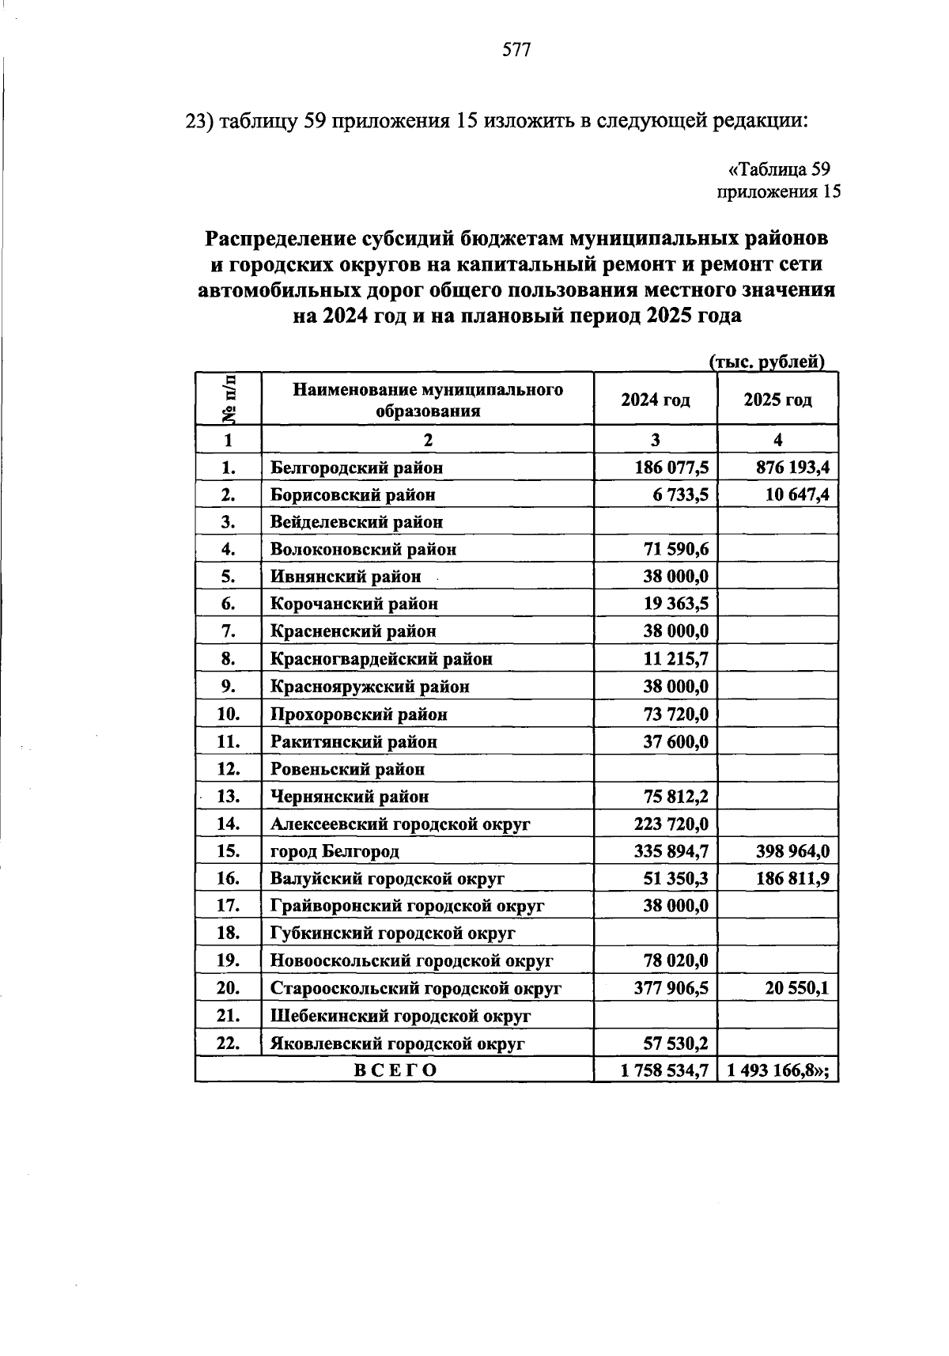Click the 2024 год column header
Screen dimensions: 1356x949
point(655,400)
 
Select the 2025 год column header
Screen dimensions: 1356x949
point(777,400)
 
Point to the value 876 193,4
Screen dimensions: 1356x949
point(792,468)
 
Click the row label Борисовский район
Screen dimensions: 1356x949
point(353,495)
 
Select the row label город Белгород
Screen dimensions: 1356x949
point(335,852)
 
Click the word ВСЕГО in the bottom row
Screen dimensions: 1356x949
point(394,1071)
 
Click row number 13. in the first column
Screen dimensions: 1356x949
point(228,797)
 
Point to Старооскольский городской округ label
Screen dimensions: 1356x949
point(415,989)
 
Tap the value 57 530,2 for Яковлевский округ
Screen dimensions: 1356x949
point(675,1044)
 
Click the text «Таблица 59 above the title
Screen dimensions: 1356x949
point(778,169)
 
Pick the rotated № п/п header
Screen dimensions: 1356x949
point(229,399)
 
